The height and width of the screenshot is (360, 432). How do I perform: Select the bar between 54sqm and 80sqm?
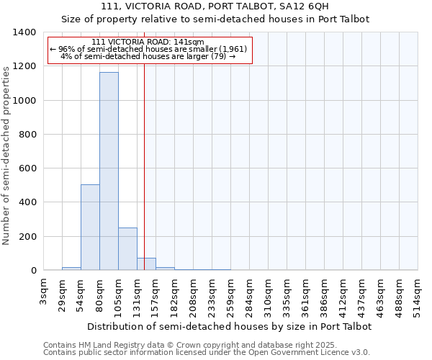click(x=90, y=228)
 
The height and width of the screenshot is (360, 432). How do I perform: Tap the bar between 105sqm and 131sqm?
click(x=127, y=249)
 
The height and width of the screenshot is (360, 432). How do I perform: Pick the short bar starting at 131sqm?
click(x=146, y=264)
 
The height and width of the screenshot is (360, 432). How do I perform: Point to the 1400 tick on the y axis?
click(x=27, y=32)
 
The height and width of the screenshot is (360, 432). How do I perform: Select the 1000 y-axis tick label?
click(x=27, y=101)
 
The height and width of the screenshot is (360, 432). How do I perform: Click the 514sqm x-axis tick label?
click(x=418, y=292)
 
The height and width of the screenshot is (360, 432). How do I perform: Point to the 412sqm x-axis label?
click(x=343, y=292)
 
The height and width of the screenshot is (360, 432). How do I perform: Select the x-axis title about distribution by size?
click(x=230, y=326)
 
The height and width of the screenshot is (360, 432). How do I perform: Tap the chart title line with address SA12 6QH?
click(x=215, y=6)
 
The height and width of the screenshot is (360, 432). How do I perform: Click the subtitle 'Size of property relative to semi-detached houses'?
click(x=215, y=19)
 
